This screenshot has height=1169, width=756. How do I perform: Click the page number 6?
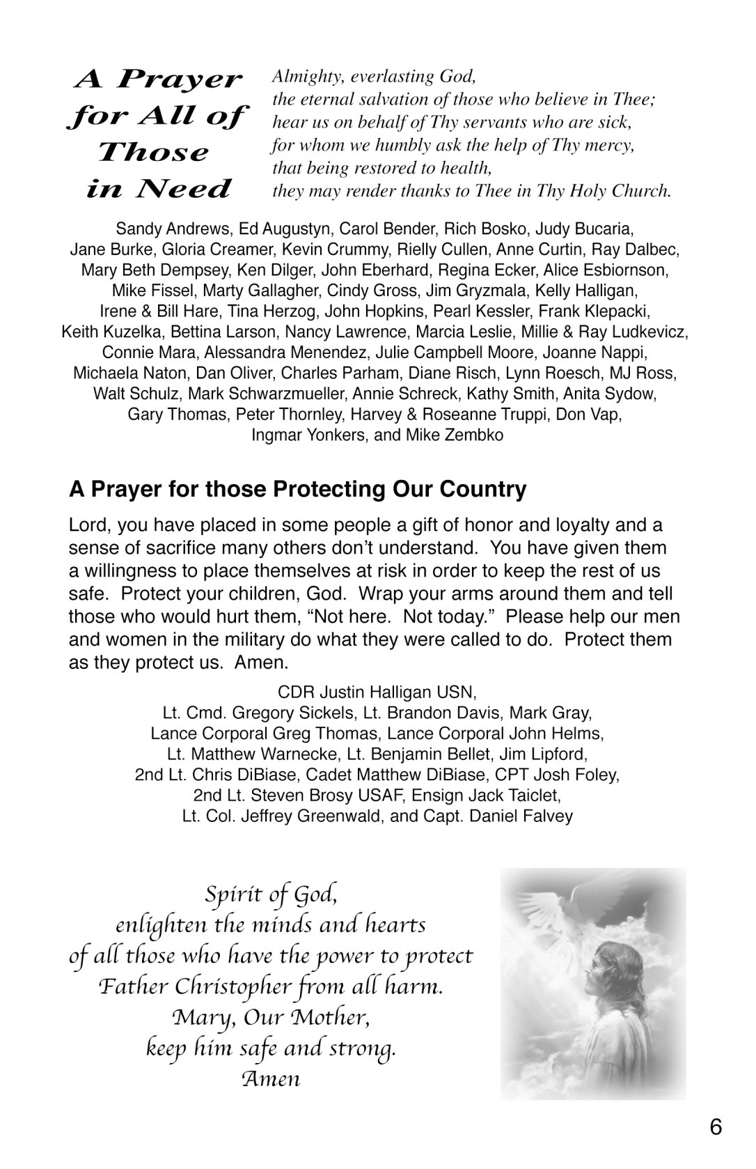[716, 1126]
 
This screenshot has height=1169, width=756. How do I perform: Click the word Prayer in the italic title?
[180, 79]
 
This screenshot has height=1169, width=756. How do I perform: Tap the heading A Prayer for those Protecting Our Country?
[297, 489]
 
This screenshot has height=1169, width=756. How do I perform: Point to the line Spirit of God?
[271, 893]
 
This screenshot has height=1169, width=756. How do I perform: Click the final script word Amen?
[271, 1079]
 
